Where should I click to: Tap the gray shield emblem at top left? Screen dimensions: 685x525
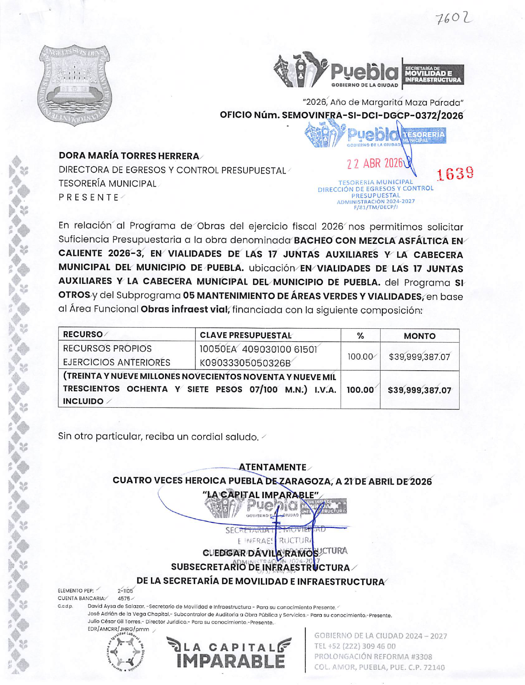pos(75,85)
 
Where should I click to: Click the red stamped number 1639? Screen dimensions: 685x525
pos(455,174)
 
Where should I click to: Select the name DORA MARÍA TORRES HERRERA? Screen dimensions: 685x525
pos(129,156)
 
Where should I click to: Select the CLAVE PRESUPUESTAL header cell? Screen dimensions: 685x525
pos(245,335)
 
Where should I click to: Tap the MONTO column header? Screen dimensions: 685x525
pos(419,336)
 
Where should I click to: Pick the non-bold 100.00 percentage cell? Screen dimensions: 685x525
pos(360,357)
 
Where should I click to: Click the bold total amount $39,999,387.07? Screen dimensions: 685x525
pos(419,390)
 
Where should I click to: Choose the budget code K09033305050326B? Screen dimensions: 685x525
pos(245,363)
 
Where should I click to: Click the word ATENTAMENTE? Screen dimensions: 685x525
pos(272,467)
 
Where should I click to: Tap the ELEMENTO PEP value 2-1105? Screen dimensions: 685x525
pos(125,591)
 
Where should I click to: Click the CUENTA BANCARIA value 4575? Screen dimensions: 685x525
pos(124,598)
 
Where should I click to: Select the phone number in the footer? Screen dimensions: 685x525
pos(355,646)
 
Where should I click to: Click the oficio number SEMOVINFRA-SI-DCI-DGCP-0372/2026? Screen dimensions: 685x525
pos(372,115)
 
